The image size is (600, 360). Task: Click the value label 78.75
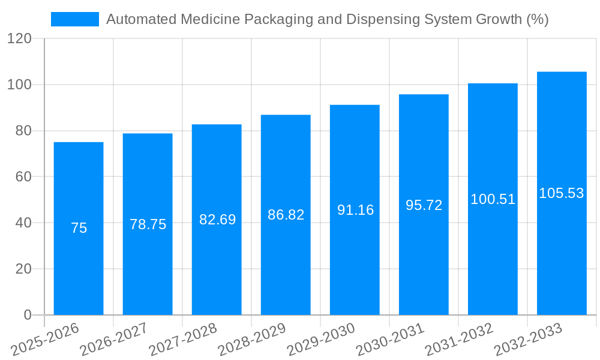(x=148, y=224)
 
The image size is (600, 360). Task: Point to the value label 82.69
(x=217, y=220)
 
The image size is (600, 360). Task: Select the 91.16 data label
(x=355, y=210)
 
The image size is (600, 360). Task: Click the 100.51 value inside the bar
(x=493, y=199)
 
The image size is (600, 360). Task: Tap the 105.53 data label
(x=562, y=193)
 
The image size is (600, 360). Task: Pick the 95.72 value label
(x=424, y=205)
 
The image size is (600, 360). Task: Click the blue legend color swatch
(x=75, y=19)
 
